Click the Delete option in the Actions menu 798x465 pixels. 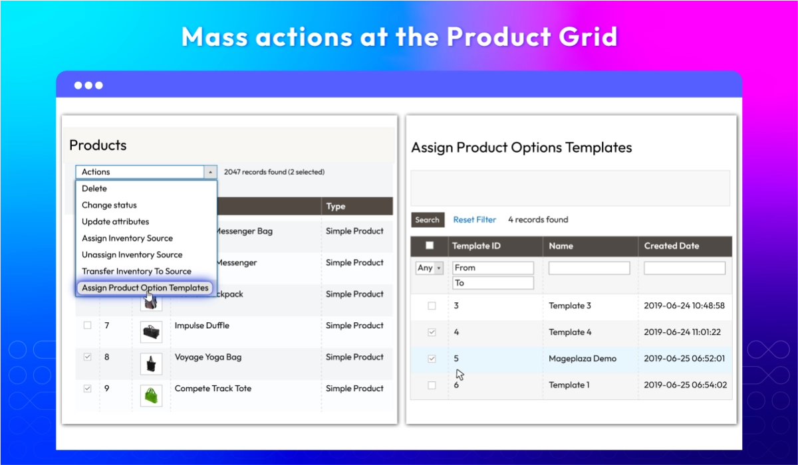pyautogui.click(x=94, y=189)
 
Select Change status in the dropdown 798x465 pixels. pyautogui.click(x=109, y=205)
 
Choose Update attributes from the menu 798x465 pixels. pyautogui.click(x=116, y=222)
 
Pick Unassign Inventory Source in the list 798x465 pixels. pyautogui.click(x=132, y=254)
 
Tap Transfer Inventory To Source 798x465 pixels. pyautogui.click(x=136, y=271)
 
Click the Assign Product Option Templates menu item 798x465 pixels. pyautogui.click(x=145, y=288)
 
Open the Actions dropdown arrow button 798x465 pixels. pyautogui.click(x=210, y=172)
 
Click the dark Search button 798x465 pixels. pyautogui.click(x=427, y=220)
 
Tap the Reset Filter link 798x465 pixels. pyautogui.click(x=474, y=220)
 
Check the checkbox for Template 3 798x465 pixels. pyautogui.click(x=432, y=306)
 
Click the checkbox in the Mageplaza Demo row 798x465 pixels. pyautogui.click(x=432, y=359)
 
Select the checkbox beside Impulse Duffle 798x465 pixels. pyautogui.click(x=87, y=325)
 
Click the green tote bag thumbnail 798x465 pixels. pyautogui.click(x=151, y=395)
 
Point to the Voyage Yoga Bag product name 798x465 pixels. pyautogui.click(x=208, y=357)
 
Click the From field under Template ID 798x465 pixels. pyautogui.click(x=493, y=268)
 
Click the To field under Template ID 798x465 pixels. pyautogui.click(x=493, y=283)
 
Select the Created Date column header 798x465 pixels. pyautogui.click(x=671, y=246)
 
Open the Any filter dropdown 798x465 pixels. pyautogui.click(x=430, y=268)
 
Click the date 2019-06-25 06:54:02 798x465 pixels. pyautogui.click(x=685, y=385)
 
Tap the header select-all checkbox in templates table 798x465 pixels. pyautogui.click(x=430, y=246)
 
